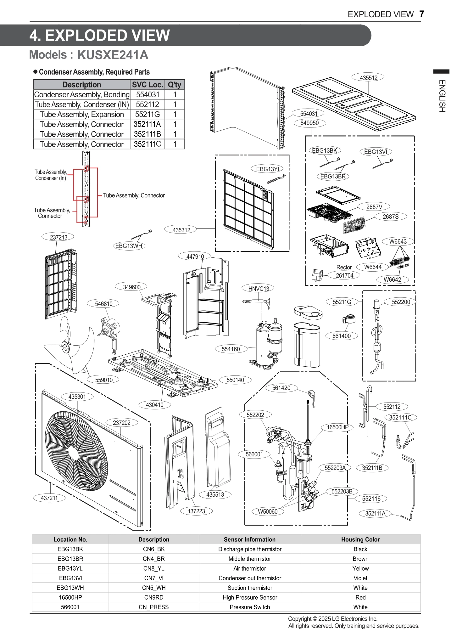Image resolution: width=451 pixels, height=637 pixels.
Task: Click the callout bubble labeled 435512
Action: pyautogui.click(x=368, y=78)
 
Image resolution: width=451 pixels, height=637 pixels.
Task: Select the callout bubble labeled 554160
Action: pyautogui.click(x=231, y=349)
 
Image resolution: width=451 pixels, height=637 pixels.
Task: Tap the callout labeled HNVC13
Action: pyautogui.click(x=259, y=289)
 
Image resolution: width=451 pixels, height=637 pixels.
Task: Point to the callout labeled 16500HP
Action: pyautogui.click(x=337, y=427)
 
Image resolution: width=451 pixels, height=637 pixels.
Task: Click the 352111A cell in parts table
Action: pyautogui.click(x=147, y=124)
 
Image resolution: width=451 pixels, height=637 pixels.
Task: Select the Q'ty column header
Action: pyautogui.click(x=175, y=85)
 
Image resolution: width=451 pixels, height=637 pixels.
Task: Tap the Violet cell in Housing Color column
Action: pyautogui.click(x=360, y=578)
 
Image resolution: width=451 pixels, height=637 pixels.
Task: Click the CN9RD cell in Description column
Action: pyautogui.click(x=153, y=597)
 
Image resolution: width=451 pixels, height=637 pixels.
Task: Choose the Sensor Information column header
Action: pyautogui.click(x=249, y=539)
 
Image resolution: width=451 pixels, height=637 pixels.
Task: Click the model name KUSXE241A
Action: pyautogui.click(x=113, y=55)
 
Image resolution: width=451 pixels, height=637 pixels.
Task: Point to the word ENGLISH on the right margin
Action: pyautogui.click(x=442, y=96)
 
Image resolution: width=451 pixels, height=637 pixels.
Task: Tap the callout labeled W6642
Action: pyautogui.click(x=392, y=280)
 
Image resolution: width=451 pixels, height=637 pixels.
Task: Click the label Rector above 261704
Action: pyautogui.click(x=344, y=267)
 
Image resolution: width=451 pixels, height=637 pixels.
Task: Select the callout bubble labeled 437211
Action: pyautogui.click(x=49, y=498)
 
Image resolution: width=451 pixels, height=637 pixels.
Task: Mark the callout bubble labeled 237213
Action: pyautogui.click(x=59, y=237)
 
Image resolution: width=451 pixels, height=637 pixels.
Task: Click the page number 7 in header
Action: pyautogui.click(x=422, y=14)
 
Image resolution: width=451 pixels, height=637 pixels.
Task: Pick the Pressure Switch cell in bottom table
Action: pyautogui.click(x=249, y=607)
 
